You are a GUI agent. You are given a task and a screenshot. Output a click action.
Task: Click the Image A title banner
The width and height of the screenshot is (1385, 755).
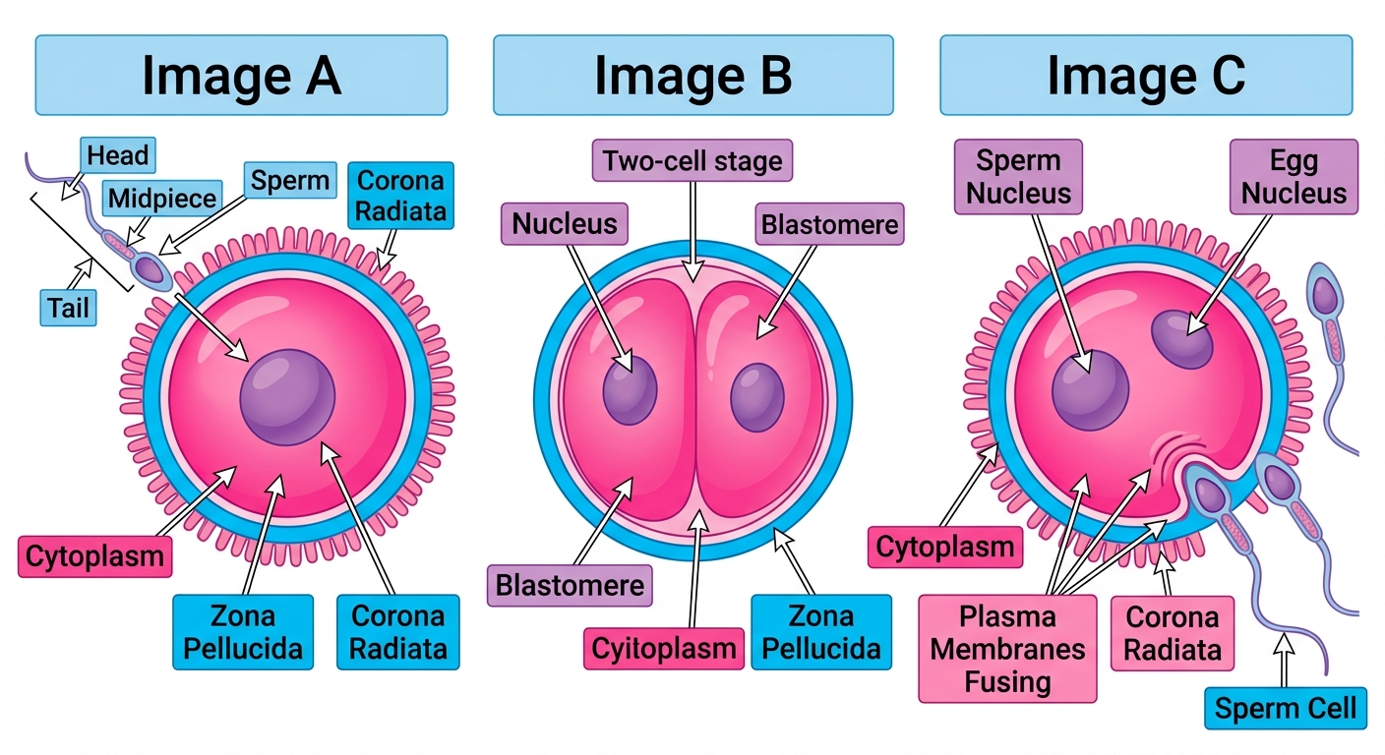pyautogui.click(x=241, y=75)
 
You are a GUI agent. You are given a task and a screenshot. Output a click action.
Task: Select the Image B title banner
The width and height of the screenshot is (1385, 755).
pyautogui.click(x=693, y=75)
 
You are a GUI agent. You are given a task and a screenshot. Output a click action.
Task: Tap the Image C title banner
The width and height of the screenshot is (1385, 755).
pyautogui.click(x=1146, y=75)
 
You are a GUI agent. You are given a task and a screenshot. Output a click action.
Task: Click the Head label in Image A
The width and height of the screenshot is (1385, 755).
pyautogui.click(x=117, y=155)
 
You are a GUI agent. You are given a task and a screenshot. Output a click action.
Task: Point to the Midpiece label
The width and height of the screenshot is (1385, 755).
pyautogui.click(x=162, y=199)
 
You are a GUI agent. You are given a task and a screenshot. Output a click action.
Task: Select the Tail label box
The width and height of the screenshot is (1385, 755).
pyautogui.click(x=68, y=308)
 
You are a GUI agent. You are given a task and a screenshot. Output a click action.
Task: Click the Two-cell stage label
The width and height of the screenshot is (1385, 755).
pyautogui.click(x=692, y=160)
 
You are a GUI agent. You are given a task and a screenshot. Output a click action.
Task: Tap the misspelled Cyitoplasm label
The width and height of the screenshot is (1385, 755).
pyautogui.click(x=664, y=649)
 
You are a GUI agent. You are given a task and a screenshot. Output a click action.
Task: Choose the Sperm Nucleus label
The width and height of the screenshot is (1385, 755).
pyautogui.click(x=1018, y=177)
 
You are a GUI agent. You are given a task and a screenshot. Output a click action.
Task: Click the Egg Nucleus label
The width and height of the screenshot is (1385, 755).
pyautogui.click(x=1295, y=177)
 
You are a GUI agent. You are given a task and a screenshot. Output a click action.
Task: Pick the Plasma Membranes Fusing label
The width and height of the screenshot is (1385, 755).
pyautogui.click(x=1008, y=649)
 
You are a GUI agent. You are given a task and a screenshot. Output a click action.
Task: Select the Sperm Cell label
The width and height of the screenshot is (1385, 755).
pyautogui.click(x=1286, y=708)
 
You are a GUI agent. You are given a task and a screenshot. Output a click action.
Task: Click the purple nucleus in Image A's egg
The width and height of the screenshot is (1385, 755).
pyautogui.click(x=287, y=397)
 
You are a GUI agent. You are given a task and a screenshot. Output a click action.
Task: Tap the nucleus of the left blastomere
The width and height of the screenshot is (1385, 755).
pyautogui.click(x=630, y=390)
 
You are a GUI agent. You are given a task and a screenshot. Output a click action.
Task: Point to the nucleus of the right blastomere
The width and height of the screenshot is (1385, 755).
pyautogui.click(x=757, y=397)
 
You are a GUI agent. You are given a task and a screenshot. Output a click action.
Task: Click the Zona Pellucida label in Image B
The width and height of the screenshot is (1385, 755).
pyautogui.click(x=821, y=632)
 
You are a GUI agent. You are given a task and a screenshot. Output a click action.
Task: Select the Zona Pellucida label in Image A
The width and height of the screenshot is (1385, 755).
pyautogui.click(x=243, y=632)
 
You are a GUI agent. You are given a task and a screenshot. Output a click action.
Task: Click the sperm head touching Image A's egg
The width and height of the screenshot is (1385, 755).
pyautogui.click(x=150, y=270)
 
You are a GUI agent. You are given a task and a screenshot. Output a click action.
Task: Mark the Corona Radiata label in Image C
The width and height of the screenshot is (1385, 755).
pyautogui.click(x=1173, y=633)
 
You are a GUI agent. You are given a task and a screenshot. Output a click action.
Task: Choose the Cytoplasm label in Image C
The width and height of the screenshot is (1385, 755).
pyautogui.click(x=945, y=547)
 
